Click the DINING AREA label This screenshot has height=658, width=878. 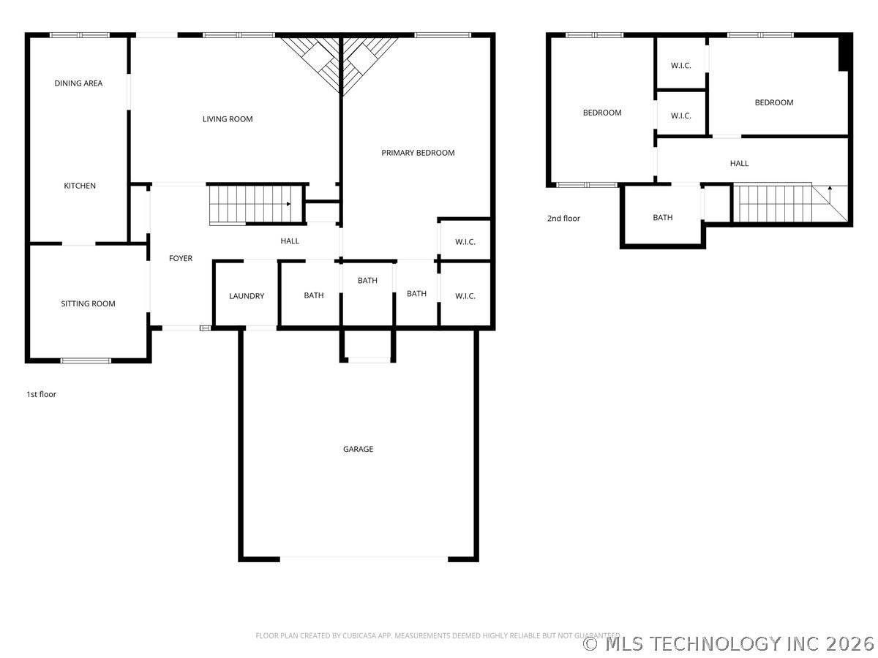click(78, 83)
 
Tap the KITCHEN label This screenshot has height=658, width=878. click(80, 186)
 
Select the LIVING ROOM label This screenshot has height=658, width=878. click(228, 118)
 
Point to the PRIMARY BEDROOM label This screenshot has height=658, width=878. click(418, 153)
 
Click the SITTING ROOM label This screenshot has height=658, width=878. click(88, 303)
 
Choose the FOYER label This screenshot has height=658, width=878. click(181, 258)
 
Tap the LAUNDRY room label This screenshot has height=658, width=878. click(247, 295)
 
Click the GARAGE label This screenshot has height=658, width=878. click(358, 449)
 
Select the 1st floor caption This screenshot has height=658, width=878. click(41, 394)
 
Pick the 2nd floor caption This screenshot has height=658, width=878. click(563, 218)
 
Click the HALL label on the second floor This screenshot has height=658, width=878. click(739, 163)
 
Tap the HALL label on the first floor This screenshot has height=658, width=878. click(290, 241)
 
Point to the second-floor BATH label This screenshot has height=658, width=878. click(662, 217)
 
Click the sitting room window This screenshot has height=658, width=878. click(86, 360)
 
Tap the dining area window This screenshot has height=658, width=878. click(80, 35)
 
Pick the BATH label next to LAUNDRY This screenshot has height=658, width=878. click(314, 295)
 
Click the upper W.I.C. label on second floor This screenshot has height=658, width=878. click(680, 66)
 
